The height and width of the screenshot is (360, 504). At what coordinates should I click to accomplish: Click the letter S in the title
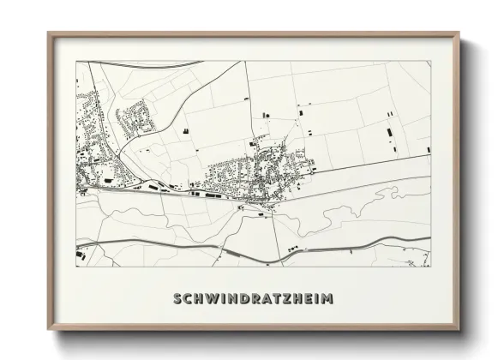pos(177,299)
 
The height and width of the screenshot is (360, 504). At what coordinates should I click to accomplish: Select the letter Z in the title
pos(287,299)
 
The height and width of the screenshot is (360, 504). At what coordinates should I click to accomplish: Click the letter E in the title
pos(307,299)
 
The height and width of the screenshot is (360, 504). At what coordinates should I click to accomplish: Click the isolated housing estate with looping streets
pos(134,117)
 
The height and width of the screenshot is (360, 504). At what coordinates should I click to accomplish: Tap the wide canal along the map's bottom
pos(257,249)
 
